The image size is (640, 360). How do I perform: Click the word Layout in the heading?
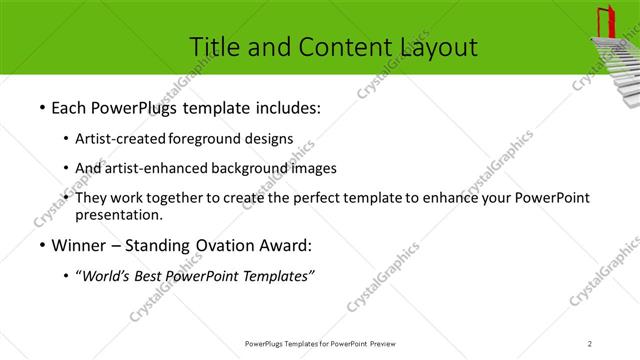point(438,46)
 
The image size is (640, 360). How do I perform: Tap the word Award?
point(289,245)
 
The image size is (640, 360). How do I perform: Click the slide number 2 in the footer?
point(590,344)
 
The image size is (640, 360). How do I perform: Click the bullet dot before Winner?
point(41,245)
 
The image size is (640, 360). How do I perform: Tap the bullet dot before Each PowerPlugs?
point(41,107)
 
